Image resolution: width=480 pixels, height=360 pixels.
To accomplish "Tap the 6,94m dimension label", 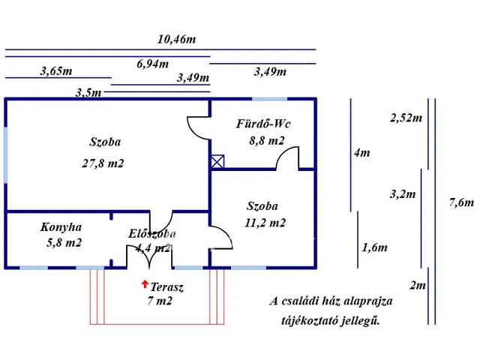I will click(x=152, y=64).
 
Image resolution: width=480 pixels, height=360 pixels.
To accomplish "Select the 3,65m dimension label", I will click(x=56, y=72).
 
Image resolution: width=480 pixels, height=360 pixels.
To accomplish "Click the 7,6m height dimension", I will click(x=460, y=202).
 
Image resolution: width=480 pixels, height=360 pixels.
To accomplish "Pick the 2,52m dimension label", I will click(x=406, y=118).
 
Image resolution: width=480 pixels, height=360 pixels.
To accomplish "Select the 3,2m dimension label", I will click(x=403, y=194).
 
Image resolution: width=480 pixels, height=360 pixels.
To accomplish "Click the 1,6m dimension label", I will click(x=374, y=247).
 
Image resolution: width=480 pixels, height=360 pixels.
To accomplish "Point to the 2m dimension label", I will click(x=418, y=286).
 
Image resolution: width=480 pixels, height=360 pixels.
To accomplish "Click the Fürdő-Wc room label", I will click(x=263, y=124).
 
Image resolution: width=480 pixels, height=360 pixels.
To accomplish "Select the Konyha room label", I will click(x=62, y=227).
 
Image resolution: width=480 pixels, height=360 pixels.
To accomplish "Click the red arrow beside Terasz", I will click(x=144, y=283).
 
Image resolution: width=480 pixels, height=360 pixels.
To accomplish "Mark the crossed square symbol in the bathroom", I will click(x=217, y=160).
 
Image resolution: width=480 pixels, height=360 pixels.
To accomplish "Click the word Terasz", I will click(x=167, y=287).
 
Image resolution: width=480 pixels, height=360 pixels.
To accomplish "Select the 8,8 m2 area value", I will click(x=267, y=140).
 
